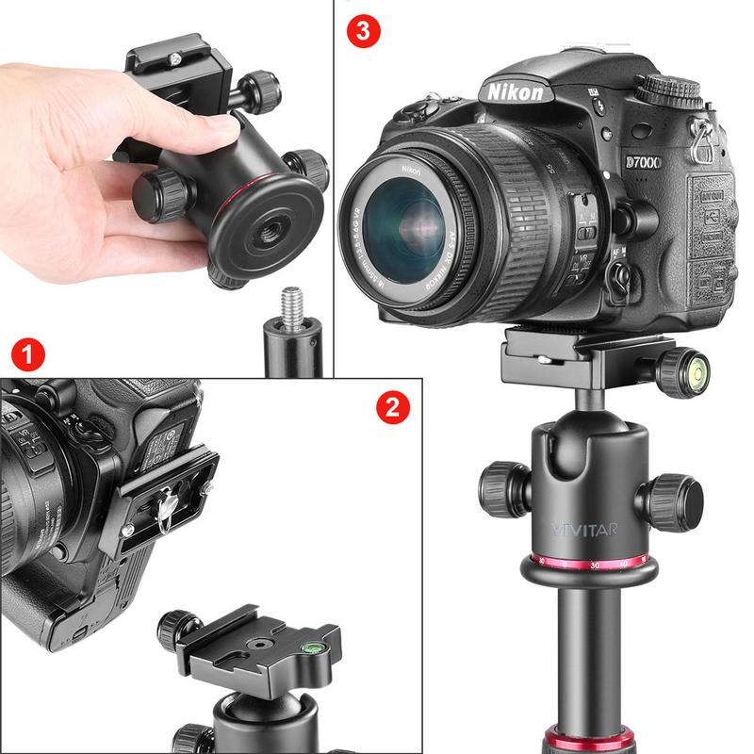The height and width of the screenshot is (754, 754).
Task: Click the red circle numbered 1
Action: pos(29,356)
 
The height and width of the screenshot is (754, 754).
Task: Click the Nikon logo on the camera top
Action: pos(515,91)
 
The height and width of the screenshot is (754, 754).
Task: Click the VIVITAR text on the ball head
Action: pos(584,529)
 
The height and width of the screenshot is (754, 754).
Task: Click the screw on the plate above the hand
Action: pos(176,60)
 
